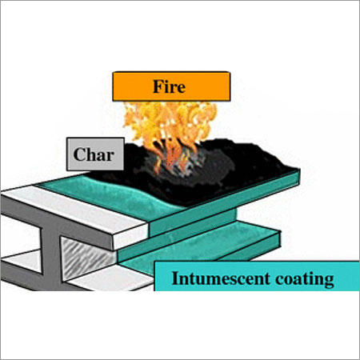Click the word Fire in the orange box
(169, 86)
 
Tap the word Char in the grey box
(94, 154)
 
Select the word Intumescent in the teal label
(221, 278)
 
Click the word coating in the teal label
(305, 280)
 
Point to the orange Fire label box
(171, 86)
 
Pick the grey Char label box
(95, 154)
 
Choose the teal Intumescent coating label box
(257, 276)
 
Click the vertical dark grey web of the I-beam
(50, 256)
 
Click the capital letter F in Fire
(158, 86)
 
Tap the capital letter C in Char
(79, 154)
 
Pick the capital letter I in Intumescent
(175, 278)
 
